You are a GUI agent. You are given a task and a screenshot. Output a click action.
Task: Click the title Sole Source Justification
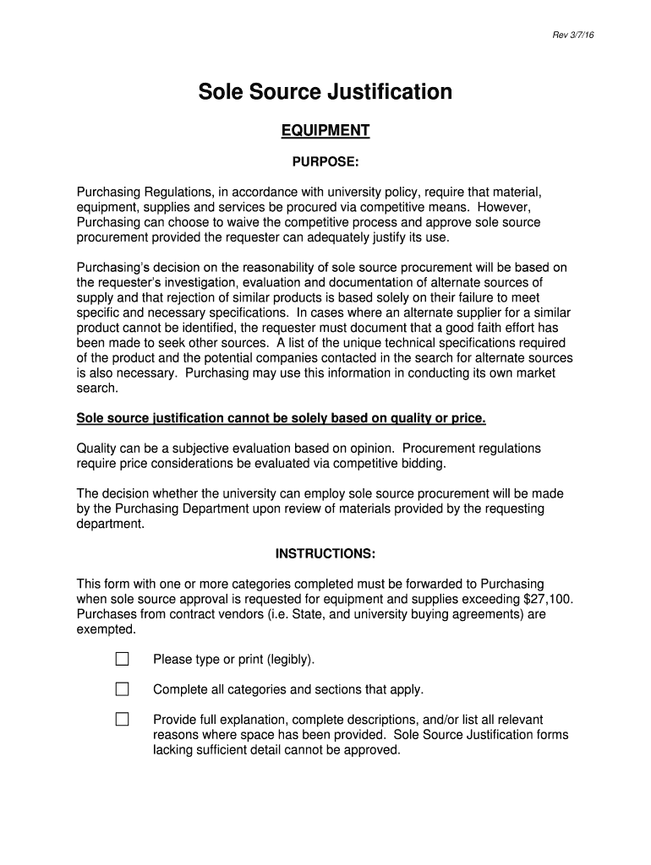[x=325, y=91]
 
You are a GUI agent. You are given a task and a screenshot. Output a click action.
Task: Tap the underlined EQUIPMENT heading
[x=325, y=131]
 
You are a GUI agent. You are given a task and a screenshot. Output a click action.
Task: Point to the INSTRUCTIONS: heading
[x=325, y=554]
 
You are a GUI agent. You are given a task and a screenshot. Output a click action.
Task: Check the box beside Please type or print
[x=122, y=659]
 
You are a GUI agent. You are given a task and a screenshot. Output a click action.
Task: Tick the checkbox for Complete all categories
[x=122, y=689]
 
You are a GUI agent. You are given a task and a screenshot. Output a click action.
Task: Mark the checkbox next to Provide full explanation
[x=122, y=720]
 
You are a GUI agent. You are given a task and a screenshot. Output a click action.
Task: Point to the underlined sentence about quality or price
[x=282, y=419]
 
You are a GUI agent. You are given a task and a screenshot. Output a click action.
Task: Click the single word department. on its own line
[x=111, y=524]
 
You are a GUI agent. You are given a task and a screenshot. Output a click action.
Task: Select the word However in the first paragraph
[x=504, y=207]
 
